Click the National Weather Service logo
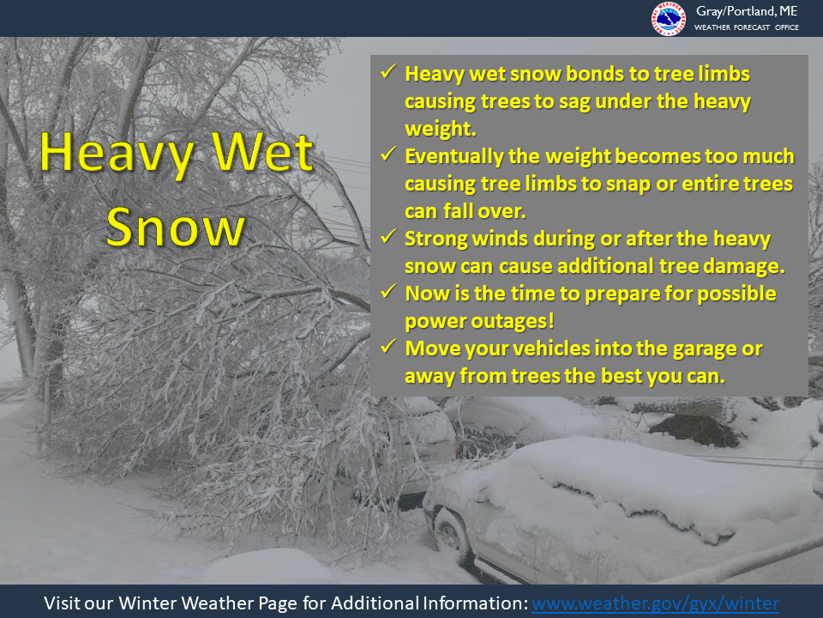tap(668, 19)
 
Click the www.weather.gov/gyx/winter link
tap(655, 603)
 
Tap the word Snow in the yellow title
tap(175, 227)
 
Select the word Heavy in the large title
tap(117, 154)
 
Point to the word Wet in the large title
tap(262, 152)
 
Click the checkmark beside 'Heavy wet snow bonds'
tap(387, 71)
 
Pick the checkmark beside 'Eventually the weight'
tap(387, 154)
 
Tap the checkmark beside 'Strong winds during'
tap(387, 237)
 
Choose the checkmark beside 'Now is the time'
tap(387, 291)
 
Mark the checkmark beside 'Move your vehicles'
tap(387, 346)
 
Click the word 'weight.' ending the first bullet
tap(441, 129)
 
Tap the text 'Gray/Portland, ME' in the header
tap(747, 11)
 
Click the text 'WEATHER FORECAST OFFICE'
tap(747, 27)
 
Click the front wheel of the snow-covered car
tap(450, 535)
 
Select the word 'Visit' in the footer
tap(61, 603)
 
